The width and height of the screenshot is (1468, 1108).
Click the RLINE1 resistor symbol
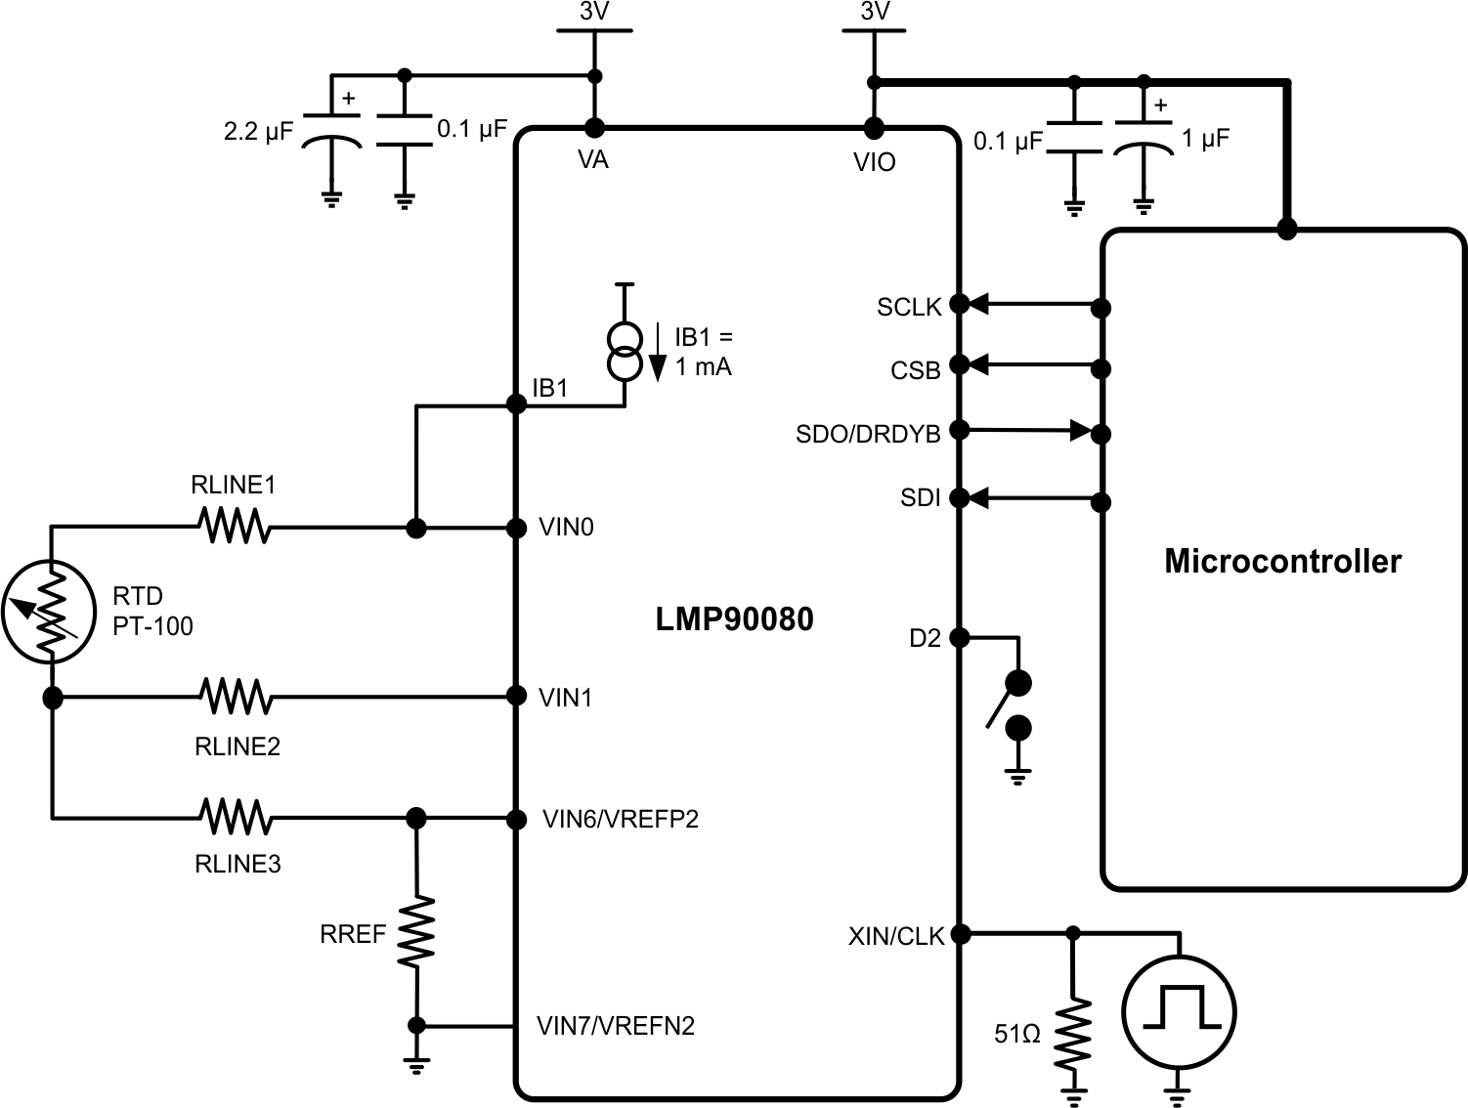pos(234,528)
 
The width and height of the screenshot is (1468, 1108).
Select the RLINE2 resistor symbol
pos(236,697)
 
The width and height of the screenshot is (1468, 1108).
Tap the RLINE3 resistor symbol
pos(235,817)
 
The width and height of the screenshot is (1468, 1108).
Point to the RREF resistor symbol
pos(416,932)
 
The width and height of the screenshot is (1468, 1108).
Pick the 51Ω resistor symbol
pos(1073,1033)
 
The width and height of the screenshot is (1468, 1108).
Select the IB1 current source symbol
pos(625,352)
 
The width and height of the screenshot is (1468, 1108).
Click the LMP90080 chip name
pos(734,619)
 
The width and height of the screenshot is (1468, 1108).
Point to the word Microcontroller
pos(1282,561)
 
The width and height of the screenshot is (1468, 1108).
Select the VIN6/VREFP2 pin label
pos(621,819)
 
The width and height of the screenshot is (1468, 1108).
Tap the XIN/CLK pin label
pos(896,936)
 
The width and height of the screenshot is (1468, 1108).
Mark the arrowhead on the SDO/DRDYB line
pos(1081,430)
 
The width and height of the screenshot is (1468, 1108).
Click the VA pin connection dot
pos(593,128)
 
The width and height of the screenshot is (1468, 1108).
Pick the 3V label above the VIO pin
pos(875,12)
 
